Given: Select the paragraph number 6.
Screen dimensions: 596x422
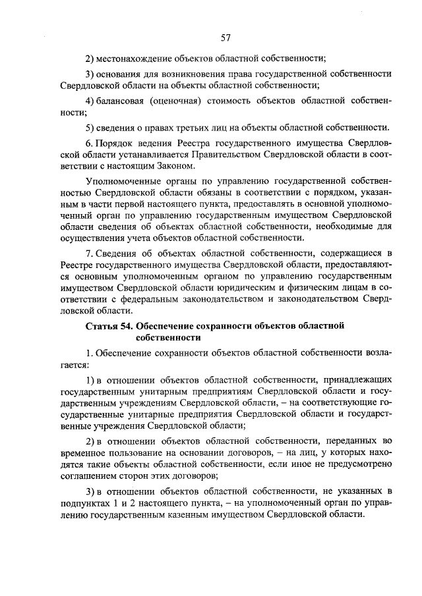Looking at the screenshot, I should (90, 144).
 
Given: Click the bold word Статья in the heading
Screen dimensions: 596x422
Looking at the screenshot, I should (102, 325).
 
